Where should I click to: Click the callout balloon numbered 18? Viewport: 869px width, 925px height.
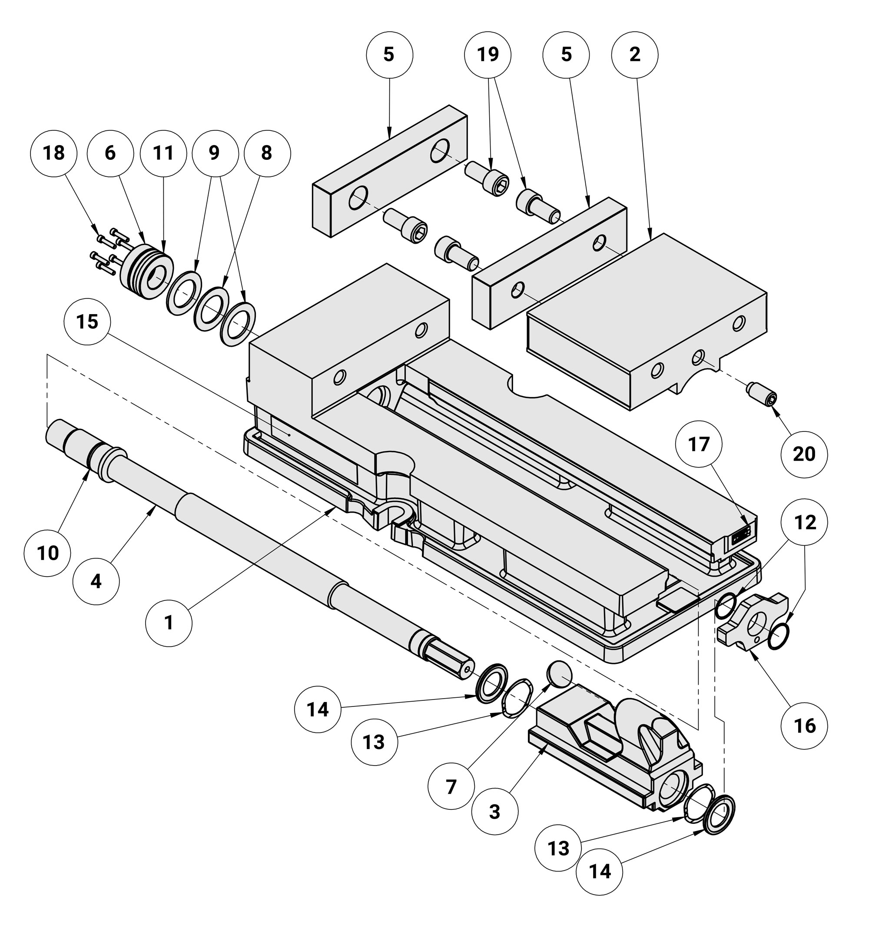[x=53, y=153]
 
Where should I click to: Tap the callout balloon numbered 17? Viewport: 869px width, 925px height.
[x=699, y=444]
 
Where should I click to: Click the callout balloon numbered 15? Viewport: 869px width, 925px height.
[x=87, y=322]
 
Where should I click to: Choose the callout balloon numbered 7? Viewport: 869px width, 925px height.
[x=451, y=786]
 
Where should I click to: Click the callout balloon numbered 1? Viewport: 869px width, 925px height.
[x=169, y=623]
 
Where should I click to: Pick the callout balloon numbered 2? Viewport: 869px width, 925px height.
[x=634, y=55]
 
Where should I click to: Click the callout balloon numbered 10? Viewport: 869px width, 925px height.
[x=48, y=553]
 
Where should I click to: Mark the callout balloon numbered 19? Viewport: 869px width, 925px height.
[x=488, y=55]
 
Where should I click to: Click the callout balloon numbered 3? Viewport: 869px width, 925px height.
[x=494, y=812]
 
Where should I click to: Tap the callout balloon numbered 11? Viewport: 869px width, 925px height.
[x=163, y=153]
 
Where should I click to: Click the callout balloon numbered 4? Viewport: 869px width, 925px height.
[x=96, y=581]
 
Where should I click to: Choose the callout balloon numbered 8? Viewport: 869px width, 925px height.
[x=266, y=153]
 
